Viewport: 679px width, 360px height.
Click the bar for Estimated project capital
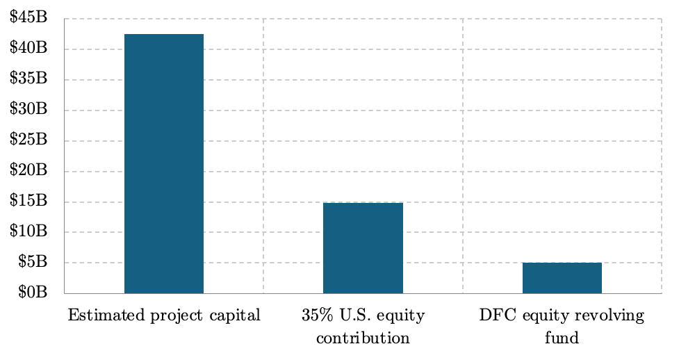164,164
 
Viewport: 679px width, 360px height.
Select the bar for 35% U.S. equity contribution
363,248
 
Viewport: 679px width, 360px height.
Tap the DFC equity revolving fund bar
562,278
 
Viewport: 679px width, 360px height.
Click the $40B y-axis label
28,47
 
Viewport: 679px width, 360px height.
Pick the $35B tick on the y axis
28,78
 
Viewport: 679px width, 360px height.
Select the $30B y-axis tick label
28,108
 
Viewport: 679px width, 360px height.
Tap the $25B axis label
28,139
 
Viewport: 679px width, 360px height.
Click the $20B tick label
28,170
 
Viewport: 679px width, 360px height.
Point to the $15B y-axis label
28,200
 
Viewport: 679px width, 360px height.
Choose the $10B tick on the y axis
28,231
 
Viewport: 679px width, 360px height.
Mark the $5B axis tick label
33,261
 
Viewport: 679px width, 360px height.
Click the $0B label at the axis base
33,292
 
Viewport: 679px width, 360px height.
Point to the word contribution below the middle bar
363,338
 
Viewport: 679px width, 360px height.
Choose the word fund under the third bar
562,338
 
